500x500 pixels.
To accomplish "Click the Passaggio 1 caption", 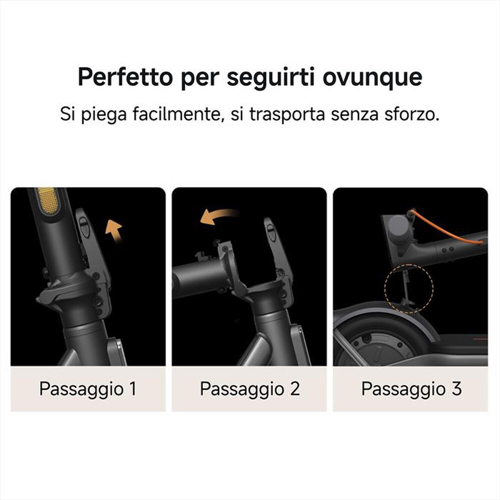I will coord(87,389).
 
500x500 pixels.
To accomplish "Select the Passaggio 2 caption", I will coord(249,389).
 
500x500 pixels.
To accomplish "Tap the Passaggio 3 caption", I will coord(411,389).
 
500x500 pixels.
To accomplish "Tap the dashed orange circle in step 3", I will coord(408,288).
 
